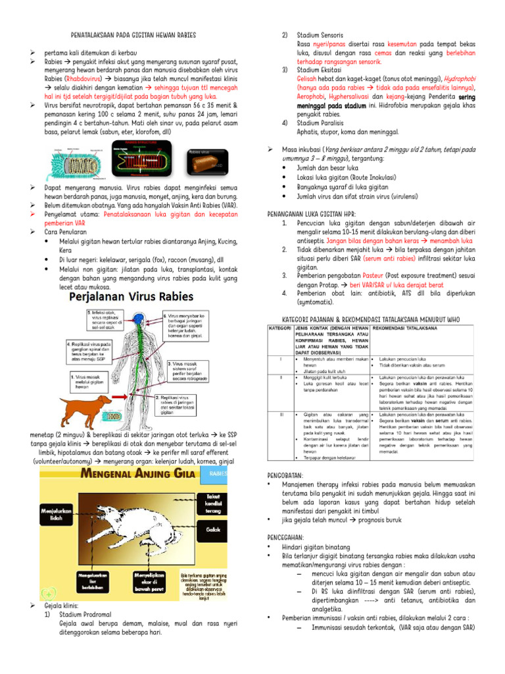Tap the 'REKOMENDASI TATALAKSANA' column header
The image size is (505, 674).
(408, 327)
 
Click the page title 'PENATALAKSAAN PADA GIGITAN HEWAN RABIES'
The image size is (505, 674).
(133, 34)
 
